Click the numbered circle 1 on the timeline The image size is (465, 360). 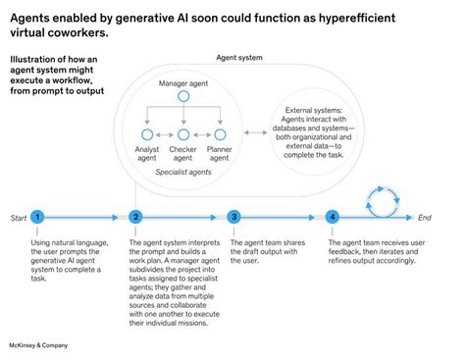pos(37,217)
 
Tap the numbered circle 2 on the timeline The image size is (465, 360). pos(135,217)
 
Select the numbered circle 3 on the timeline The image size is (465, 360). pos(234,217)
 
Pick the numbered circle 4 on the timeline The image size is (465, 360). pos(334,217)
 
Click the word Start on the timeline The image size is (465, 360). pos(19,217)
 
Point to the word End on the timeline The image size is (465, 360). pos(424,217)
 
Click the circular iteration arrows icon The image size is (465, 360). pos(381,202)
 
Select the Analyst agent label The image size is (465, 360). pos(145,154)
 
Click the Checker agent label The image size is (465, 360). pos(183,154)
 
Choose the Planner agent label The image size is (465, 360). pos(221,154)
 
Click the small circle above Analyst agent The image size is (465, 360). pos(145,133)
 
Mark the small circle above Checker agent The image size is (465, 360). pos(183,133)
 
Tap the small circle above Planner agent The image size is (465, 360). pos(221,133)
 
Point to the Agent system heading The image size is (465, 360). pos(237,58)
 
